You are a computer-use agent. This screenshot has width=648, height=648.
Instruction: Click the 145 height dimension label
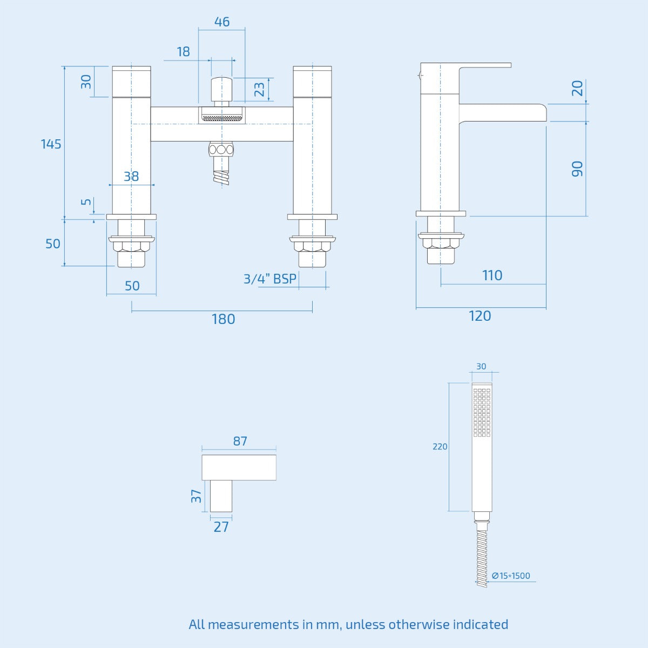51,144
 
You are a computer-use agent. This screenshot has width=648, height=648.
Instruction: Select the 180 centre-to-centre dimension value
223,319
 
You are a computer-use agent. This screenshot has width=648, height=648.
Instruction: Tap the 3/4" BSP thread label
269,279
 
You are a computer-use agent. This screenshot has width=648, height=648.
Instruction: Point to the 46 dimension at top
221,22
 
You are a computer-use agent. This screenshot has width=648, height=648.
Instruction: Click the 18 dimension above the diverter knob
183,52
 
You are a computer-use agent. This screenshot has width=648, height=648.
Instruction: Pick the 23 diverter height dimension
259,89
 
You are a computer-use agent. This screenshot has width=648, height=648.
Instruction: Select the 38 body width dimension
131,177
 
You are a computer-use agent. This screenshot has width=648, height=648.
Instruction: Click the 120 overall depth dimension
480,316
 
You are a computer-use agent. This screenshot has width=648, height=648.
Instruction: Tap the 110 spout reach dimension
492,275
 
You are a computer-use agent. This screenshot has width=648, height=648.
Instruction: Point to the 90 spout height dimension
577,168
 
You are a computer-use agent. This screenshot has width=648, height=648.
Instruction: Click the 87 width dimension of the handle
240,441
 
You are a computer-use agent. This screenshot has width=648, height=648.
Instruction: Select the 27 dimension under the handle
221,527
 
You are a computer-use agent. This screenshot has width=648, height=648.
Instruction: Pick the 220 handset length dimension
440,447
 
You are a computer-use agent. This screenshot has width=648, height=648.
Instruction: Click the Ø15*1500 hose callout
511,576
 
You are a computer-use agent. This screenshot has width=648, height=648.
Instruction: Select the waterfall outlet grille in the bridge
222,116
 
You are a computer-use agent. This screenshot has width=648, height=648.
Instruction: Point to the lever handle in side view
484,66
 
